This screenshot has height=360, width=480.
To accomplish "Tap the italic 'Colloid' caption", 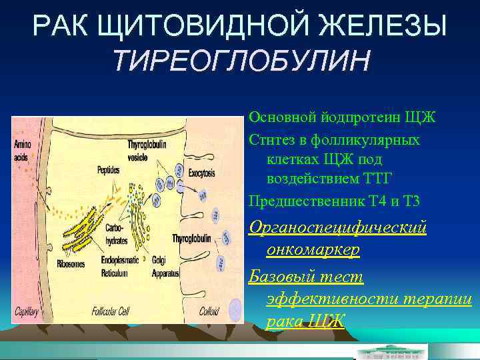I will [209, 311].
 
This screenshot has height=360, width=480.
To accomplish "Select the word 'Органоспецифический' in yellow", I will [337, 227].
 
